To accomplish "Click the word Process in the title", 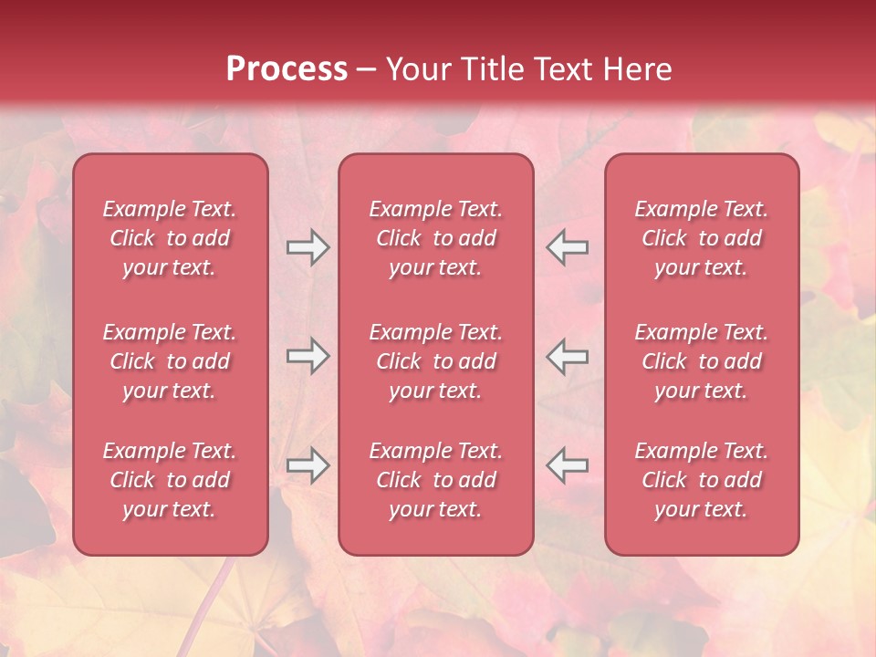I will click(x=287, y=69).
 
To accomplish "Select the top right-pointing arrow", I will click(x=308, y=247).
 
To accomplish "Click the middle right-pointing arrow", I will click(x=308, y=356).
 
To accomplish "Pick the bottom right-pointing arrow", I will click(x=308, y=465).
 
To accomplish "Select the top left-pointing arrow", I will click(x=568, y=247).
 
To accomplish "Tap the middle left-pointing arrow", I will click(x=568, y=356).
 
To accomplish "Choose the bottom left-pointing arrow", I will click(x=568, y=465).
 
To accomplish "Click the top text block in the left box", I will click(x=170, y=238).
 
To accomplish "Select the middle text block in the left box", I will click(x=170, y=361).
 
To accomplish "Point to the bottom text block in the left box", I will click(x=170, y=480).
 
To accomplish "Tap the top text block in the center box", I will click(x=435, y=238).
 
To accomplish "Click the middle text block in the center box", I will click(x=435, y=361).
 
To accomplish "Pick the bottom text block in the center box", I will click(x=435, y=480).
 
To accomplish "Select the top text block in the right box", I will click(x=701, y=238).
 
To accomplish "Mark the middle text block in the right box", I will click(x=701, y=361).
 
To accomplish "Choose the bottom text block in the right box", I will click(x=701, y=480).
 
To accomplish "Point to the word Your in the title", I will click(x=417, y=69).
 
